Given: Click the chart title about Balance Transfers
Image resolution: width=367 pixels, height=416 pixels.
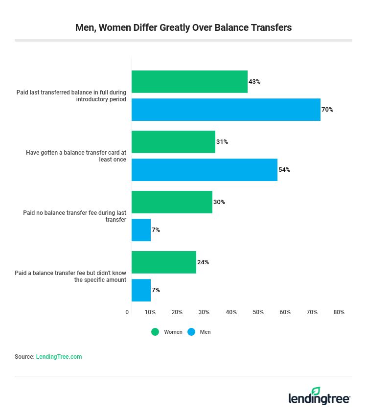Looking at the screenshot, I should [x=183, y=27].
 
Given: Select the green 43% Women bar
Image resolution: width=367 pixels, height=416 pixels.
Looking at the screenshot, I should [x=189, y=82].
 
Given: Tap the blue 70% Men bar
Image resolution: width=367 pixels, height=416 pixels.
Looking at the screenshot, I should [x=226, y=110].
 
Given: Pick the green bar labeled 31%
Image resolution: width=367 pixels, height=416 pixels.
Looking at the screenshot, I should [x=173, y=142].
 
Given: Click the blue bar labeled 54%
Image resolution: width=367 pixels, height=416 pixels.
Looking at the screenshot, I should [x=204, y=170].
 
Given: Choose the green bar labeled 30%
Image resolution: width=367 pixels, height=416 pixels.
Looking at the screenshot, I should [x=172, y=202].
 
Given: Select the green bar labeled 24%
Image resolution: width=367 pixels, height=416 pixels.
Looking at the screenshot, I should [x=163, y=262].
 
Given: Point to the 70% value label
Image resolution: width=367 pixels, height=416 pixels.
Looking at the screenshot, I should [x=327, y=110].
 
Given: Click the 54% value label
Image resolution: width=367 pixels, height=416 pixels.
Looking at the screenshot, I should [x=284, y=170].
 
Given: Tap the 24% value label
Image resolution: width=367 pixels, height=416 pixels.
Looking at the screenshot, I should [x=203, y=262].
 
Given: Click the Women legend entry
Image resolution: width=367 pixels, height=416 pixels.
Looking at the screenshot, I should [x=167, y=332].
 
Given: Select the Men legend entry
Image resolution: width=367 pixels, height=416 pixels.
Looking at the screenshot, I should [x=199, y=332].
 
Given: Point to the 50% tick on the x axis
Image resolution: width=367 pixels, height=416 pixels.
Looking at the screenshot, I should [x=258, y=312].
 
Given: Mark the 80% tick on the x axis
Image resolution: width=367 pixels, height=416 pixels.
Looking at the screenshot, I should [x=339, y=312].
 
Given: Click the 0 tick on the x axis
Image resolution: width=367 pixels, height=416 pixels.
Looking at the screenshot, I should [x=127, y=312].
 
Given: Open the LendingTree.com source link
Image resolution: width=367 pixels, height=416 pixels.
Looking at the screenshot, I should [x=59, y=357].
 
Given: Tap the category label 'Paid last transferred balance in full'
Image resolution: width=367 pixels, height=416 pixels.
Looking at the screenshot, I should [x=71, y=96].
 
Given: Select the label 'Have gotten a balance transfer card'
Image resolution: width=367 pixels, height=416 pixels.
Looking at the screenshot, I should [x=76, y=156].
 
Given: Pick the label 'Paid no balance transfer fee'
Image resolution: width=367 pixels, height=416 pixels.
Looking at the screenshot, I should [x=74, y=216].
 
